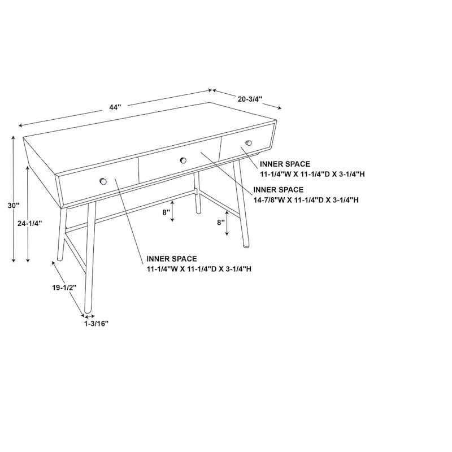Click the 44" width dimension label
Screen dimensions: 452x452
click(x=115, y=107)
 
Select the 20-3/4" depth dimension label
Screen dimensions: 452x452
click(x=250, y=99)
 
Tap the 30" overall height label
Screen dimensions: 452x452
click(x=14, y=206)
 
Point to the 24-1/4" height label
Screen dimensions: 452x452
click(x=29, y=223)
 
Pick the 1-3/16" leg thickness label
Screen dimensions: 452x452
click(x=96, y=324)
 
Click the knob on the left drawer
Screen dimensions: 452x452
click(x=103, y=181)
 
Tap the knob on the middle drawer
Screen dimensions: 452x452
click(x=183, y=161)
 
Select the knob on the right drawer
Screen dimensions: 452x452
click(x=247, y=142)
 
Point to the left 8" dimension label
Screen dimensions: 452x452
click(x=166, y=213)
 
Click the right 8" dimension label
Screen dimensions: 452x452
click(x=221, y=223)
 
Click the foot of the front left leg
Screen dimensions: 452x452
click(x=88, y=310)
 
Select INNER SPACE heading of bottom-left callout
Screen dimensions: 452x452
click(x=172, y=259)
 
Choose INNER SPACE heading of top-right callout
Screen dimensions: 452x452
click(x=285, y=164)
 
